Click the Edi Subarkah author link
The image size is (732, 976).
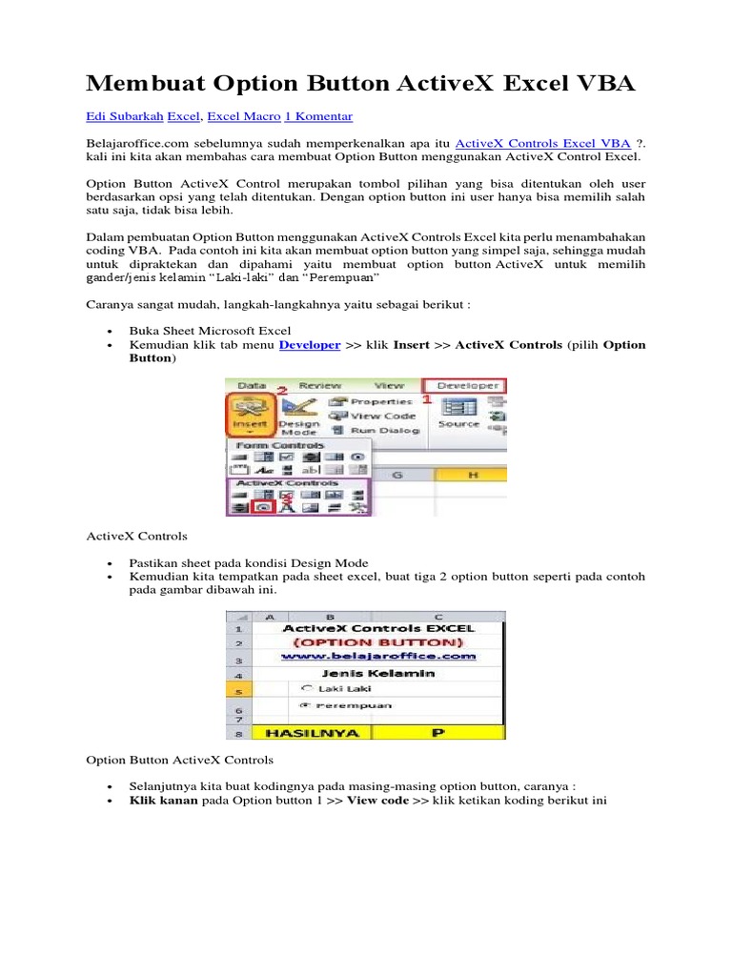tap(124, 116)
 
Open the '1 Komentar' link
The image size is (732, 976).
tap(318, 116)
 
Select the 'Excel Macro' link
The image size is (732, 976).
tap(243, 116)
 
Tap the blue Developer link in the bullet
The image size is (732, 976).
tap(309, 345)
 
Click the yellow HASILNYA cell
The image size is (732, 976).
tap(298, 733)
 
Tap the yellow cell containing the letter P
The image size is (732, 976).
tap(438, 733)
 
